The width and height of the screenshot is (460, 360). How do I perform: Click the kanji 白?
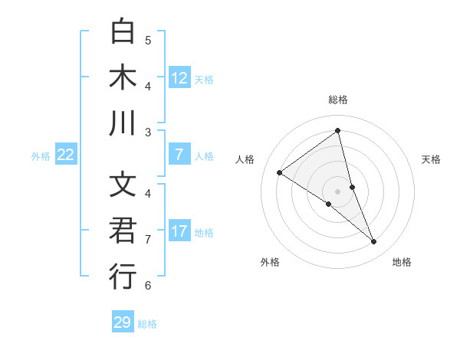123,32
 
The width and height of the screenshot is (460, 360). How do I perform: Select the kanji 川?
123,123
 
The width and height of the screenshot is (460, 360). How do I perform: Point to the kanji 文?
123,185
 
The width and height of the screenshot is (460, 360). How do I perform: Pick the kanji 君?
123,231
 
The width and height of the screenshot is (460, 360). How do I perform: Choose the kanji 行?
123,277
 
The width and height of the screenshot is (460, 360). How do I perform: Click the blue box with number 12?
179,77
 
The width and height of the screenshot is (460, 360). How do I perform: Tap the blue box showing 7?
179,155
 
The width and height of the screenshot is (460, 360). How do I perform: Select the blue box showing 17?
179,231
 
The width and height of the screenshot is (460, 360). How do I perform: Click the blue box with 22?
66,155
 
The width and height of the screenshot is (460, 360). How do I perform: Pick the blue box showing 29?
123,322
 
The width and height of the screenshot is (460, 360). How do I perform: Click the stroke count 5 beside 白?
148,40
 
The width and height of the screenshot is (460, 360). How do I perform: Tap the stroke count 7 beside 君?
148,239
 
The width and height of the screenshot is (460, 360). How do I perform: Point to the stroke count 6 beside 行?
148,285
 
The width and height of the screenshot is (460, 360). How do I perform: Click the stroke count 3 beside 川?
148,132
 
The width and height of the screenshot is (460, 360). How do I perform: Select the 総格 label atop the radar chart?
338,100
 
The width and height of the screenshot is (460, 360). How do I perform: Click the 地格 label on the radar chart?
402,262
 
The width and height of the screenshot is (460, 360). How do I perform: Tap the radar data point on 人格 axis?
279,172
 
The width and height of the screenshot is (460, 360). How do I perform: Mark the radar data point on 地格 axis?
374,241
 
